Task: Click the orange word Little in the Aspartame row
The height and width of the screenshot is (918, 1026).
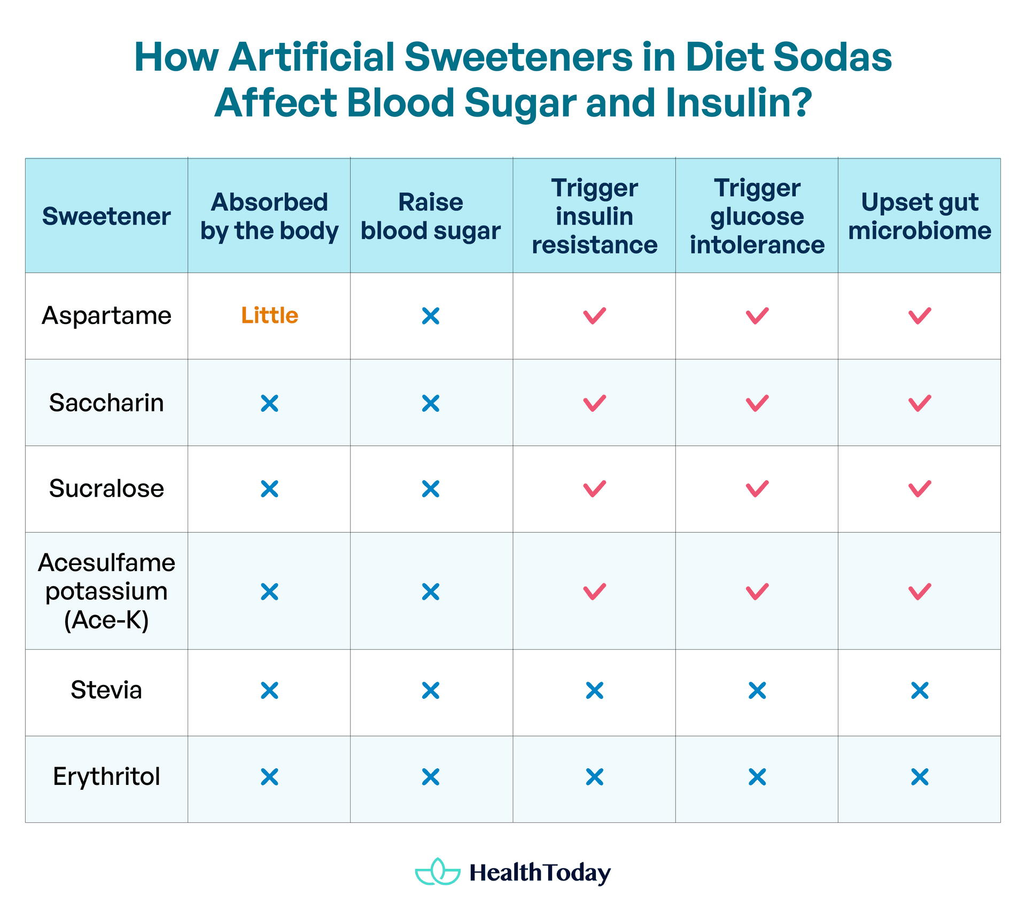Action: click(x=269, y=315)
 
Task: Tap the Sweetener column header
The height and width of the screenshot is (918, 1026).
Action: click(x=106, y=217)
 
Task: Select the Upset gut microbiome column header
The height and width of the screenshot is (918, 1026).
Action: click(x=919, y=217)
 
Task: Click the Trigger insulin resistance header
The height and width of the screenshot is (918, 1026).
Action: click(x=594, y=217)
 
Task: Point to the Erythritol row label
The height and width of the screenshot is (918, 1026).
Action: click(x=106, y=776)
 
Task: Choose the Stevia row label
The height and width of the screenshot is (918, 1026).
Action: click(x=106, y=690)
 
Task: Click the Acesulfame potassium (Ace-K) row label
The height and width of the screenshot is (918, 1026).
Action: click(x=106, y=591)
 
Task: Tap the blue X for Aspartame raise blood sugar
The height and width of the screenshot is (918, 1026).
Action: click(x=431, y=316)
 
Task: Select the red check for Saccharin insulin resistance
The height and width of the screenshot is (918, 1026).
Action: click(x=594, y=403)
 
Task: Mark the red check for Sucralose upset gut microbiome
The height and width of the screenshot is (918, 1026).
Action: click(x=919, y=489)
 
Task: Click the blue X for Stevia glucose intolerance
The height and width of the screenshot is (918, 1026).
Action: click(x=757, y=690)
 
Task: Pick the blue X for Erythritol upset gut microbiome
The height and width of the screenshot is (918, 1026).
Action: click(x=920, y=776)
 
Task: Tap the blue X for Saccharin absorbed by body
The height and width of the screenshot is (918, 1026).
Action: click(x=269, y=403)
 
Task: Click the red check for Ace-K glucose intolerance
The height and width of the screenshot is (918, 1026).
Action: click(x=757, y=591)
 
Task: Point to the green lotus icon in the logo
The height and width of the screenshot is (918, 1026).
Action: click(x=438, y=872)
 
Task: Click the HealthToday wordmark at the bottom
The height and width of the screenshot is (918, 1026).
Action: click(x=540, y=873)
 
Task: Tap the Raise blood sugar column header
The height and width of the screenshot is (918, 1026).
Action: click(x=431, y=217)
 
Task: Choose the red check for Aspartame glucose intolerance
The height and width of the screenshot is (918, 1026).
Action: click(x=757, y=315)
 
